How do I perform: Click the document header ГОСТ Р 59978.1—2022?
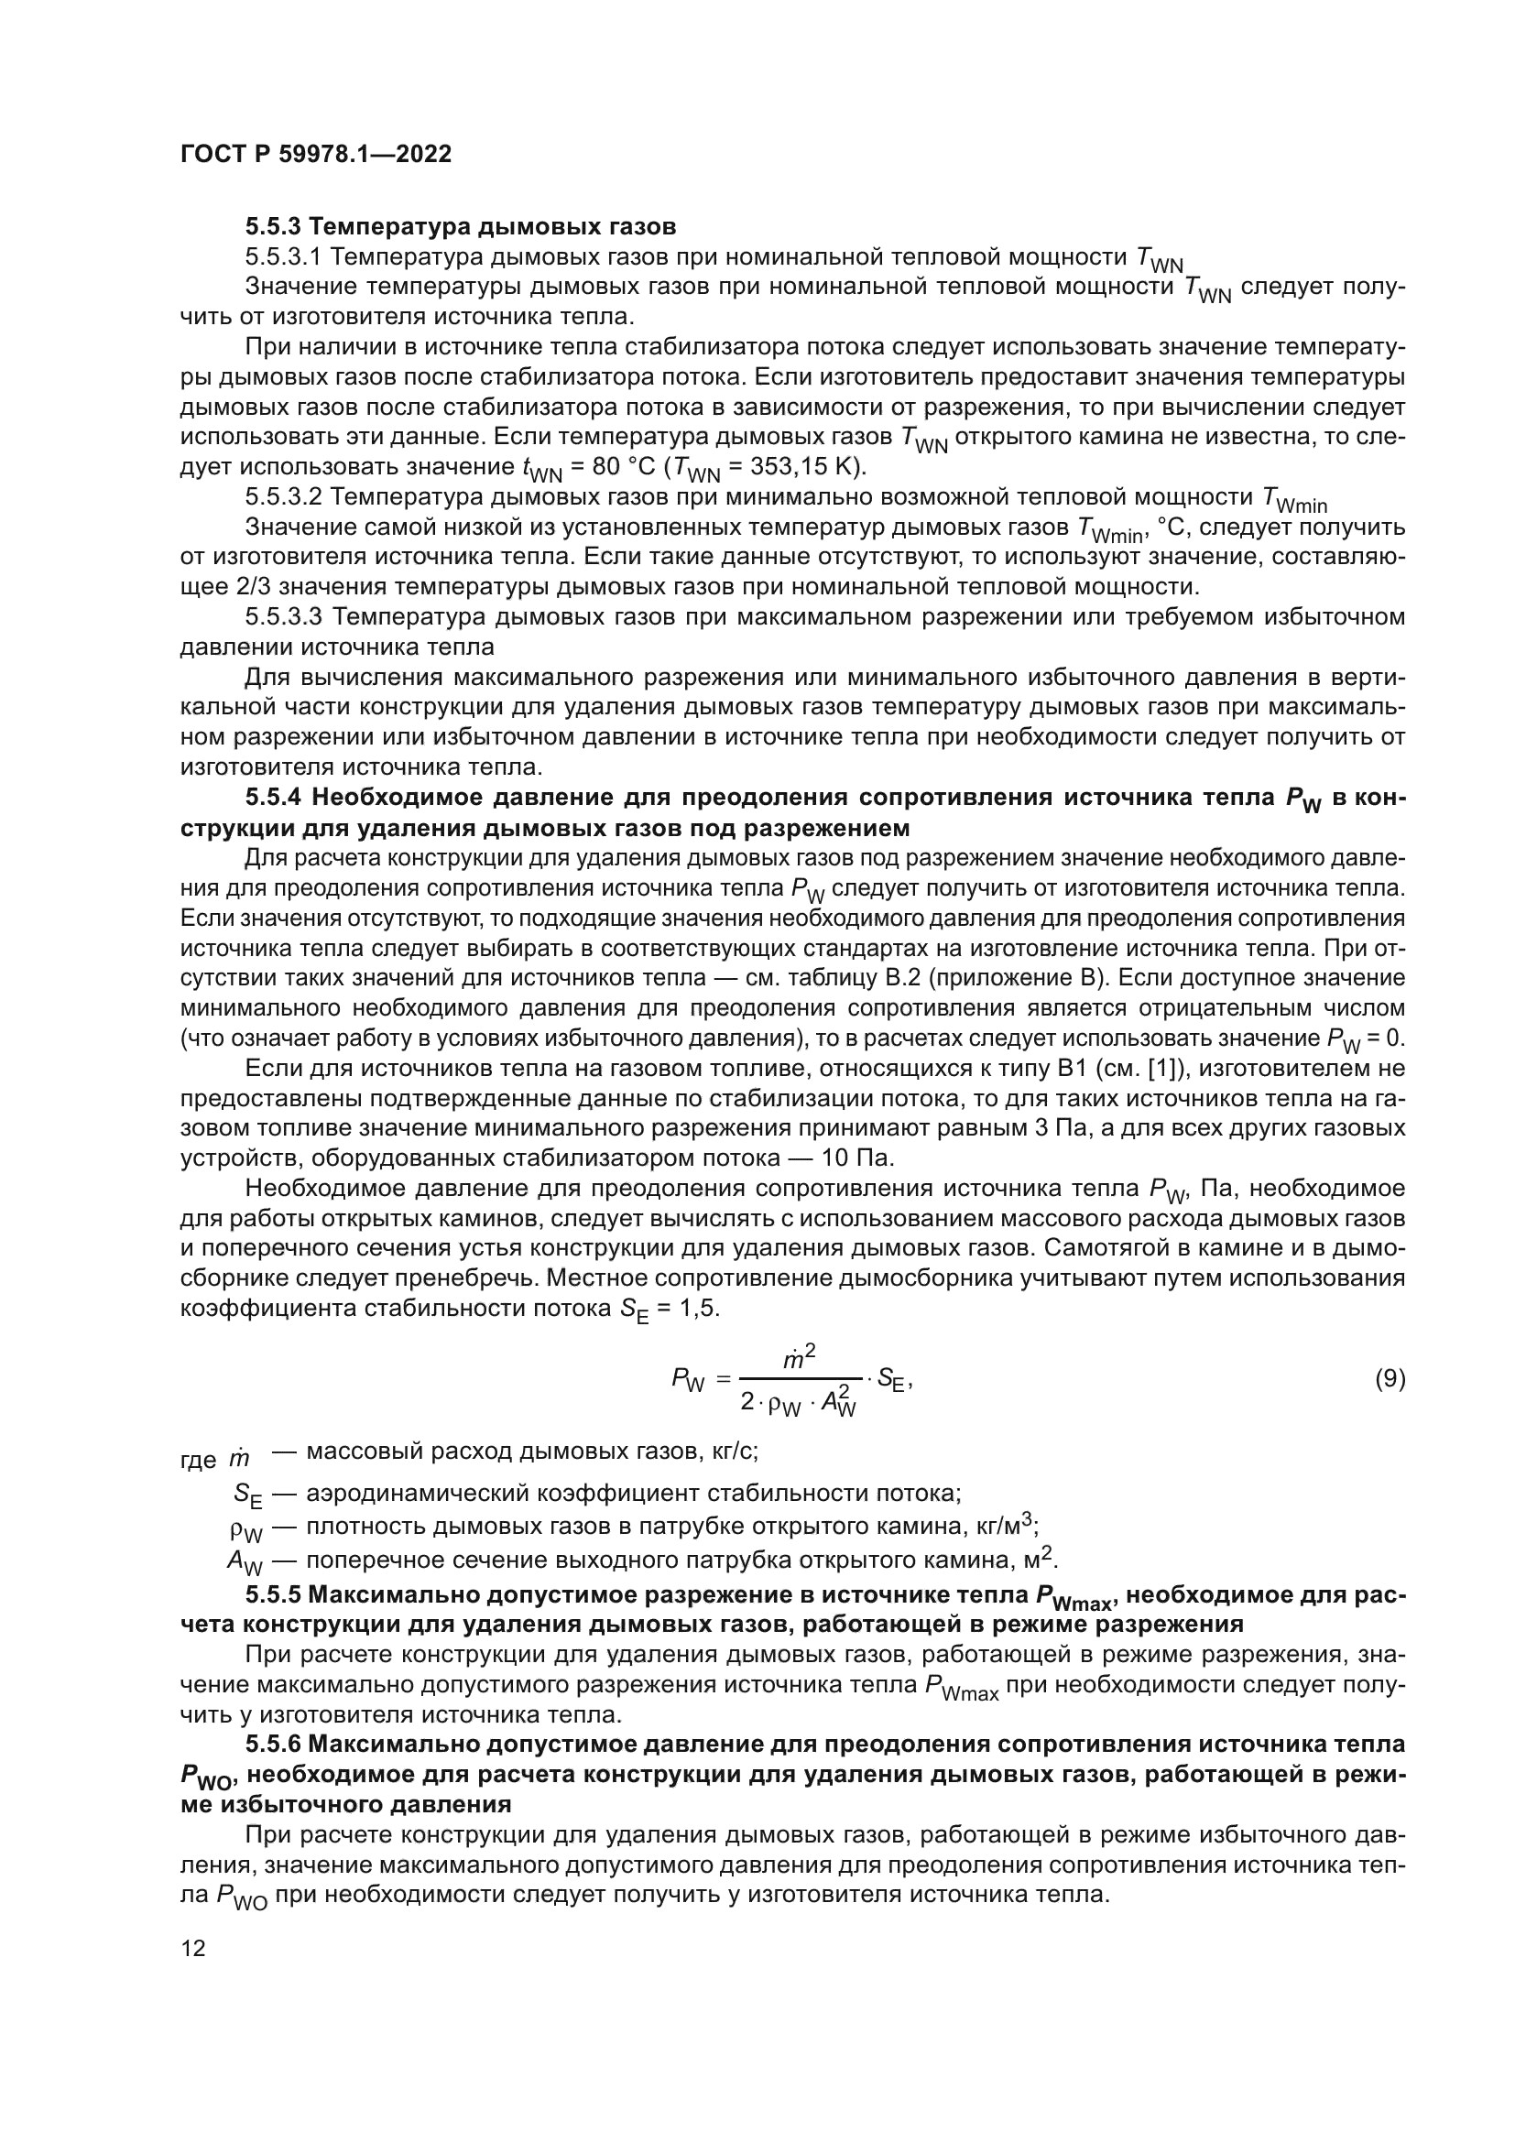[x=315, y=155]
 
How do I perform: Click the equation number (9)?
[x=1390, y=1379]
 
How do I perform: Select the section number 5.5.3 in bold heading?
[x=274, y=227]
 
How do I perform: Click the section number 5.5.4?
[x=274, y=798]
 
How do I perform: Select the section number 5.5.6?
[x=274, y=1745]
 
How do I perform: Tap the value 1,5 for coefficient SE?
[x=701, y=1308]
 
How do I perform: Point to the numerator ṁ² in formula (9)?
[x=801, y=1361]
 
